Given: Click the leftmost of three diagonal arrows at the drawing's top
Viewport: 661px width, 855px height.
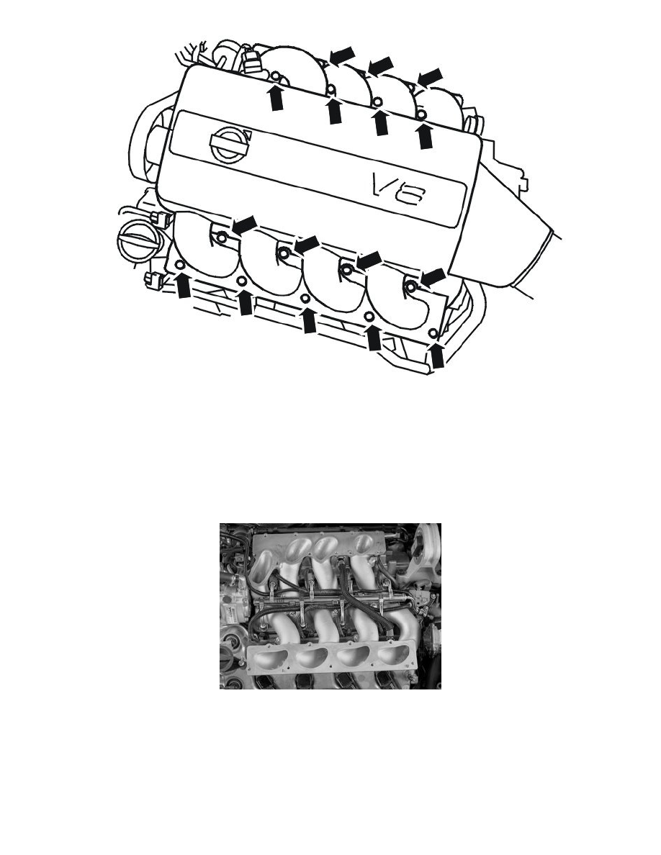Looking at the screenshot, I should click(343, 53).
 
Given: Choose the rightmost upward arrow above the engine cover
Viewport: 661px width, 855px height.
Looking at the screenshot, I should click(425, 135).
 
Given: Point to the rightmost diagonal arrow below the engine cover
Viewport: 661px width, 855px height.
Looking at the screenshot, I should click(433, 276).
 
